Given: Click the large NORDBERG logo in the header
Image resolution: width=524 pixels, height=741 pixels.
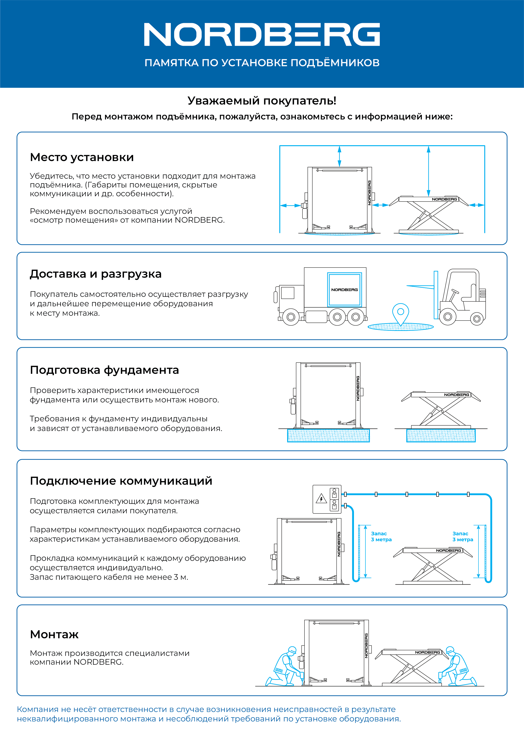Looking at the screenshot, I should [x=262, y=35].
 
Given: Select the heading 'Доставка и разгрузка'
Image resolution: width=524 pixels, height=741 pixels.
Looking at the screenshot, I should [x=95, y=274].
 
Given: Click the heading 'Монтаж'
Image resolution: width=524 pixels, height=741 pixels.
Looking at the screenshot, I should [x=54, y=635].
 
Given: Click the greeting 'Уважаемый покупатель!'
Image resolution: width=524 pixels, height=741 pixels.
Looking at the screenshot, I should [x=262, y=101].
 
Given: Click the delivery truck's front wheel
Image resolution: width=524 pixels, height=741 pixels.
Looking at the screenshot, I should [x=291, y=317].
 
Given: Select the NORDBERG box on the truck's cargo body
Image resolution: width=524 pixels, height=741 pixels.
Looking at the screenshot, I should [x=344, y=290].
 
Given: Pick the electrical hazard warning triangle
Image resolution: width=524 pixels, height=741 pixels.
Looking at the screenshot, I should [x=321, y=499].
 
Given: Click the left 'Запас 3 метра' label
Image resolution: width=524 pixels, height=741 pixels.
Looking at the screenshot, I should [x=381, y=536].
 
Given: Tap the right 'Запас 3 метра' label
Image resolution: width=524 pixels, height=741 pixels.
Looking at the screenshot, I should [x=462, y=536].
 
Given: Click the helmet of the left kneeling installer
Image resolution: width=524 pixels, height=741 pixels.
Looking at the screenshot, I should [x=292, y=649].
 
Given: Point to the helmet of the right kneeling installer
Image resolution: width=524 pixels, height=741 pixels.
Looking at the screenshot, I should [x=450, y=649].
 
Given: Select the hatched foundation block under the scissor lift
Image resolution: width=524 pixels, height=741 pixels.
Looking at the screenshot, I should [x=441, y=435].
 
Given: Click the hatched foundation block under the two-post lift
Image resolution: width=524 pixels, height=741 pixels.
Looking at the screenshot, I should [x=328, y=435].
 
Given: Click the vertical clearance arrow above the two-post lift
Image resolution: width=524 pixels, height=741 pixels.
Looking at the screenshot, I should [x=339, y=156].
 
